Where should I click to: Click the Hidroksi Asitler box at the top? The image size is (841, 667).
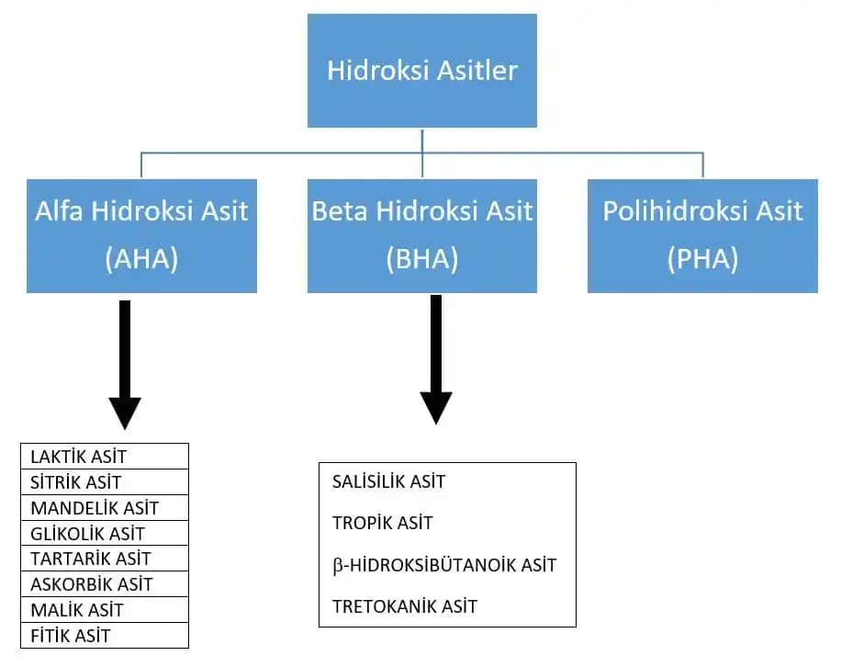point(422,71)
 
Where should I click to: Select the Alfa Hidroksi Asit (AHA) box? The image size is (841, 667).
point(141,235)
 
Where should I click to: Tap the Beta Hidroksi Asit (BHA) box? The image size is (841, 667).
point(422,235)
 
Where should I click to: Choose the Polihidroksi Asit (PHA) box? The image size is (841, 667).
point(702,235)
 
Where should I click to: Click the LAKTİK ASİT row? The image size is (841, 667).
point(79,457)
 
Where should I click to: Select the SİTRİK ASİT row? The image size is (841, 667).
point(76,482)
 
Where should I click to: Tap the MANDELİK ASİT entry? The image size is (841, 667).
point(95,508)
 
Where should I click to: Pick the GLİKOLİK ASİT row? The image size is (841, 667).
point(88,534)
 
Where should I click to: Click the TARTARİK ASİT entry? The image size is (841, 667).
point(91,559)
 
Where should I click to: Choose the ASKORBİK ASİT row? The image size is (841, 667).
point(92,584)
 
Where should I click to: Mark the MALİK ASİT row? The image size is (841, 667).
point(77,610)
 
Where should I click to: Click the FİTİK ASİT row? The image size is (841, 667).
point(72,636)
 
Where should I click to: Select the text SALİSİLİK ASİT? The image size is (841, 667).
point(389,481)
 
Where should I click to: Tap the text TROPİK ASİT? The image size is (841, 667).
point(383,523)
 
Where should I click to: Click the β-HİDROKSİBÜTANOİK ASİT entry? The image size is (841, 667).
point(444,565)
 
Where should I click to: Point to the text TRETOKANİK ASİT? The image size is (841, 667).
point(405,606)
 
